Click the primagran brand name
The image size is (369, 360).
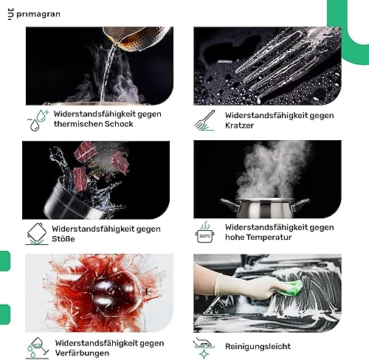[38, 15]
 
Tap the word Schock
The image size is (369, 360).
[119, 124]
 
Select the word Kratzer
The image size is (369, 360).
[239, 125]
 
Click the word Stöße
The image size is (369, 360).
[63, 239]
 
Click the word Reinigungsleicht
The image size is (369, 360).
[258, 347]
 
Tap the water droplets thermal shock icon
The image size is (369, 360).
[38, 120]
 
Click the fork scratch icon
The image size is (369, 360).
[204, 120]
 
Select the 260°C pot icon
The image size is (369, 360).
[204, 232]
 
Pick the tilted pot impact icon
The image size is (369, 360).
[37, 234]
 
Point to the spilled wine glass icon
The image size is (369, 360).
[37, 348]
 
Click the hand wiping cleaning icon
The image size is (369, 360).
[204, 348]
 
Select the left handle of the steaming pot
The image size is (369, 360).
[230, 204]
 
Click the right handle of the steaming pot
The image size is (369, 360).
[300, 204]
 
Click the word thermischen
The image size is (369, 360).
[78, 124]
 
